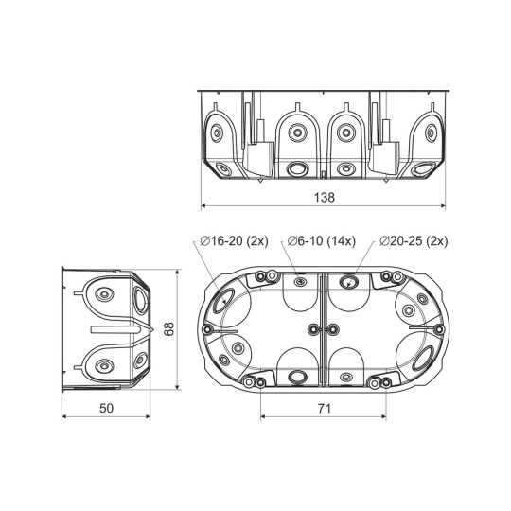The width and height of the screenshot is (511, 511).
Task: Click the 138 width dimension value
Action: pos(324,197)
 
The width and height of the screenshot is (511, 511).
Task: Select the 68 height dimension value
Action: pos(169,329)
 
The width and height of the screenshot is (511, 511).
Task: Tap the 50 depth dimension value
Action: pos(107,408)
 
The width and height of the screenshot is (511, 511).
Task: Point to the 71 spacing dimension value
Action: pos(324,408)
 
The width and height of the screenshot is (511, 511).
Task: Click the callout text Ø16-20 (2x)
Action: pos(235,241)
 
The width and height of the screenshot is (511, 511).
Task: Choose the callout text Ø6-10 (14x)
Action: pos(322,241)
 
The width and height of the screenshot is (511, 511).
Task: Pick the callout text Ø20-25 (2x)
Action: pos(414,241)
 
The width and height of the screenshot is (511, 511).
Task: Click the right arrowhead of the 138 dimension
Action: pos(443,205)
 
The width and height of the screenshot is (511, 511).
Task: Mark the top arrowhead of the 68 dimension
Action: pos(177,273)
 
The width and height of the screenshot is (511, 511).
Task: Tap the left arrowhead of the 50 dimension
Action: pos(64,416)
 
